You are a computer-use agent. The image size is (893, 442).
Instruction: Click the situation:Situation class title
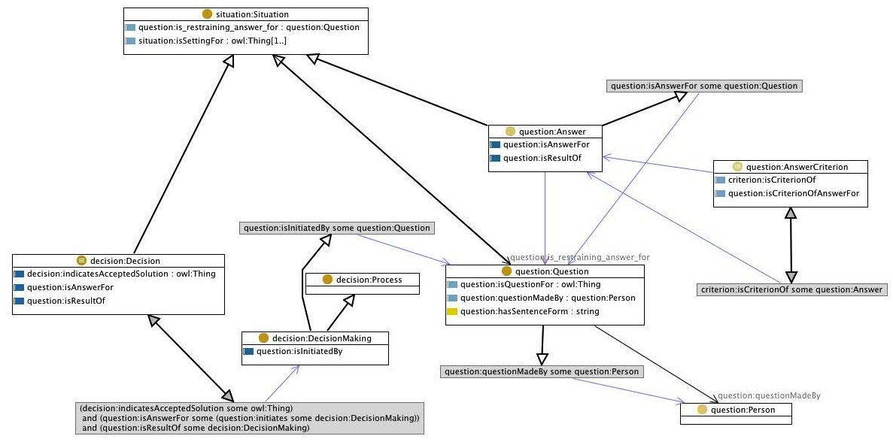[251, 14]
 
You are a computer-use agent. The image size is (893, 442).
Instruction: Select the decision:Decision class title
[125, 260]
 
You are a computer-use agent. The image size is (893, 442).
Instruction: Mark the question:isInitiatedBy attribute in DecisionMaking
[299, 350]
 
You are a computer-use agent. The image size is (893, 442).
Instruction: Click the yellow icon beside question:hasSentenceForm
[452, 311]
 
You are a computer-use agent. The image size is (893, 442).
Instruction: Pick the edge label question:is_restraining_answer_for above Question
[579, 257]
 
